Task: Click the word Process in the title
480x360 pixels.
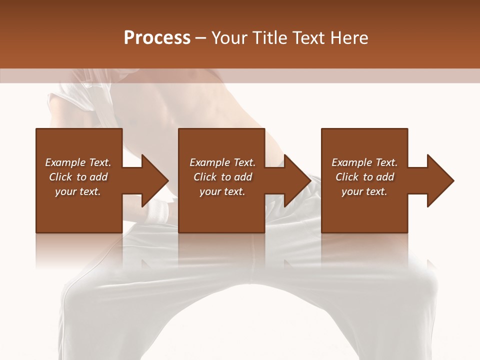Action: click(157, 38)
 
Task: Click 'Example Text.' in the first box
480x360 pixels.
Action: click(78, 162)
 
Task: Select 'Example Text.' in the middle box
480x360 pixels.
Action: click(222, 162)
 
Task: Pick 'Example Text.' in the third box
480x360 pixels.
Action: click(364, 162)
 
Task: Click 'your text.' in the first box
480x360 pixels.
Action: click(78, 191)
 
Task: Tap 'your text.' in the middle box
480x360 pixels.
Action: click(222, 191)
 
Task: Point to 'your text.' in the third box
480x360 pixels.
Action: click(364, 191)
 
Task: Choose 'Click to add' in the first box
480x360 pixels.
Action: click(78, 177)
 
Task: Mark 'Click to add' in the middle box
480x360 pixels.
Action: click(222, 177)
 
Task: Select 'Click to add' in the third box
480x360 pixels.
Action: click(364, 177)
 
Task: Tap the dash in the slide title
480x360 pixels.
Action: click(201, 38)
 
